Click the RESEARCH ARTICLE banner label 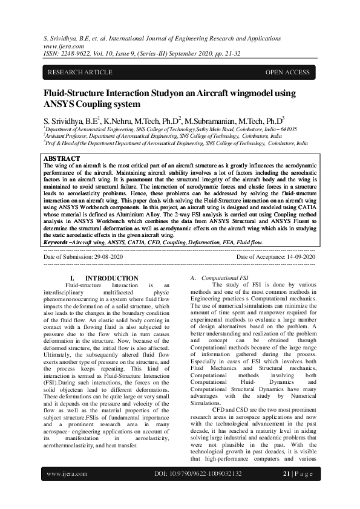point(80,73)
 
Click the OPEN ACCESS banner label point(287,73)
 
